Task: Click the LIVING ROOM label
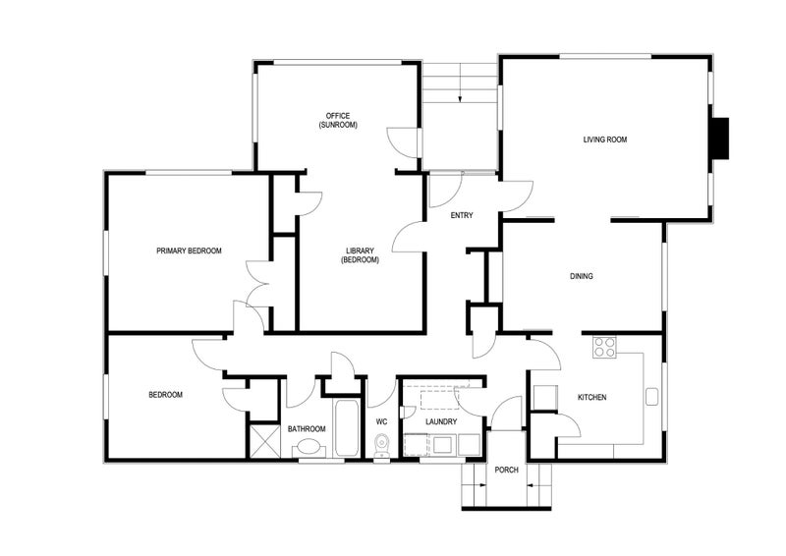click(604, 139)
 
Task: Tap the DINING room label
click(581, 276)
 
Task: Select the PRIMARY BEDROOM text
click(189, 250)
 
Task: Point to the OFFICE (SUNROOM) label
click(337, 121)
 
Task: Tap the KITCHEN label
click(591, 397)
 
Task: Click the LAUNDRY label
click(441, 421)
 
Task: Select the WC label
click(382, 421)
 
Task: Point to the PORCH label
click(506, 470)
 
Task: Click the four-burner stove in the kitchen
click(604, 347)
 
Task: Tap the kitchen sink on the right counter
click(651, 397)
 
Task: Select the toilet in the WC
click(382, 447)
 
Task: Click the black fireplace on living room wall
click(721, 139)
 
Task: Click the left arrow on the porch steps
click(480, 483)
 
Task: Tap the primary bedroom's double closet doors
click(257, 284)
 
